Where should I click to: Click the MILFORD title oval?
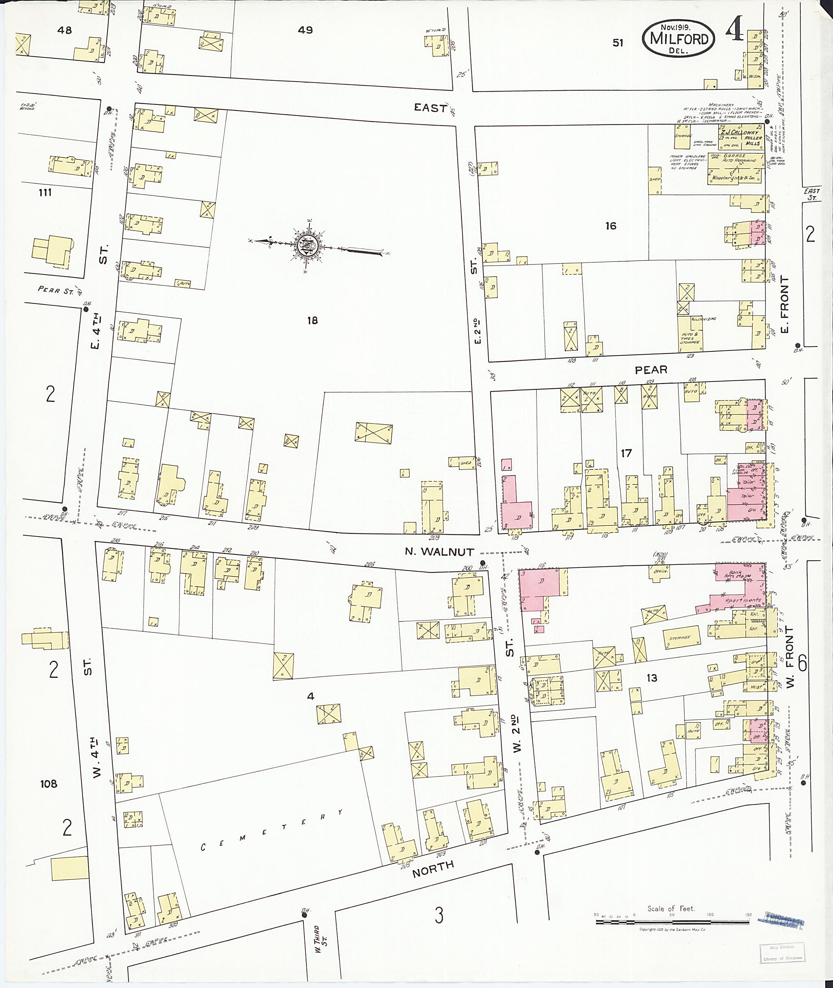tap(678, 38)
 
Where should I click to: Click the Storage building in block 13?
tap(680, 638)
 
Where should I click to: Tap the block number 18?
tap(312, 321)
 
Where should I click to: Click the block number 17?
tap(626, 454)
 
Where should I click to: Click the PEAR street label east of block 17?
tap(651, 370)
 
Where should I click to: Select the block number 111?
tap(45, 192)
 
